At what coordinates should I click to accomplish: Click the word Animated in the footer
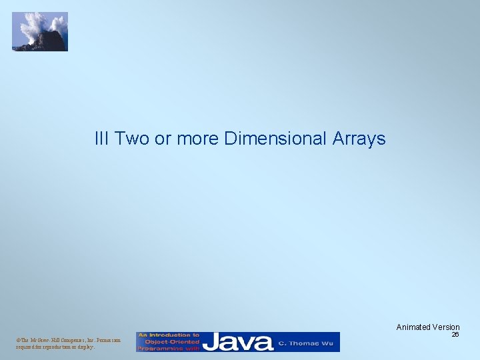(412, 327)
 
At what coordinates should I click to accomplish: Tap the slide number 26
(455, 335)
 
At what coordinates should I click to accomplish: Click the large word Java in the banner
(238, 343)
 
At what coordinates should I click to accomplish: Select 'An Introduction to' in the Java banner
(168, 335)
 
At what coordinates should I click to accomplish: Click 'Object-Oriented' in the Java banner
(168, 342)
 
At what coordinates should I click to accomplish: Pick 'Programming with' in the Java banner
(168, 348)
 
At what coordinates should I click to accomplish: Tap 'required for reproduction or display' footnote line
(55, 347)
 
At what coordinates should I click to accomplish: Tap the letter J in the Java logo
(212, 343)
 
